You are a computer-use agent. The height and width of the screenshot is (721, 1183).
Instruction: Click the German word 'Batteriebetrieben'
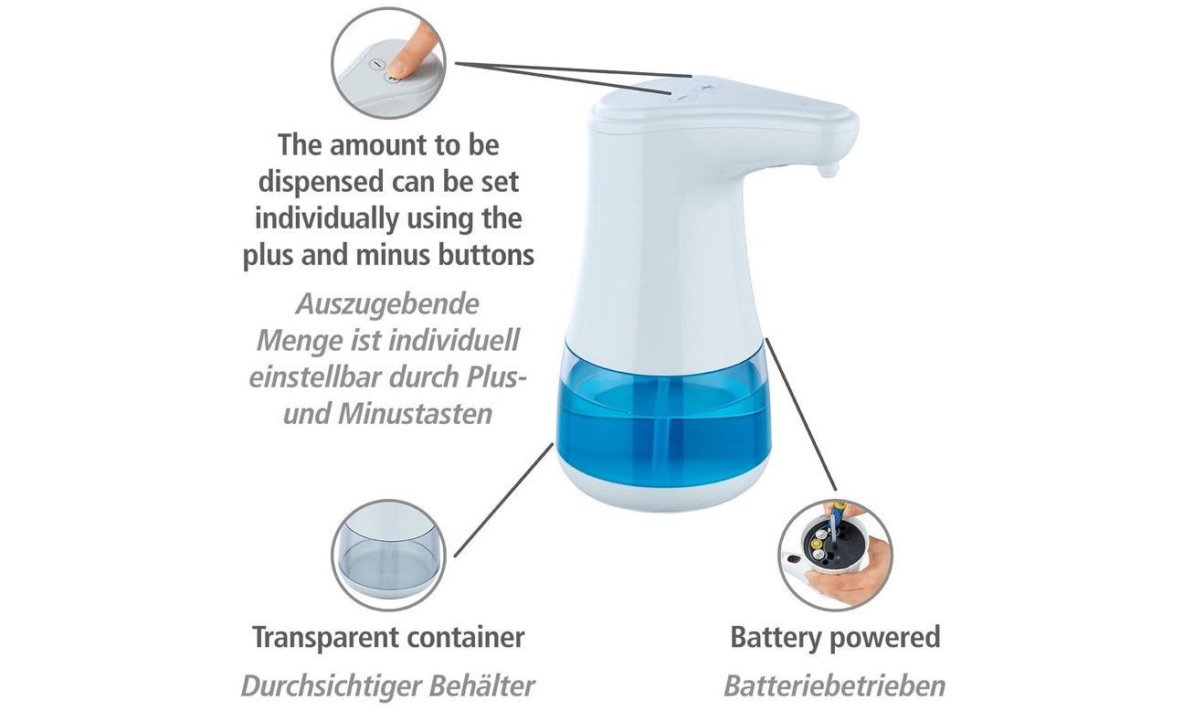click(x=834, y=686)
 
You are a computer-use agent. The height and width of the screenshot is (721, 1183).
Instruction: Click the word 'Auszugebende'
click(x=387, y=305)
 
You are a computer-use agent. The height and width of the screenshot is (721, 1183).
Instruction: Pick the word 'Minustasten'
click(x=415, y=414)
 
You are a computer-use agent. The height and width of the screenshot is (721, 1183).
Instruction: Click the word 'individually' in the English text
click(x=326, y=218)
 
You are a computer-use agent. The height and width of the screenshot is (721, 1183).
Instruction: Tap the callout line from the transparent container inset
click(x=504, y=500)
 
